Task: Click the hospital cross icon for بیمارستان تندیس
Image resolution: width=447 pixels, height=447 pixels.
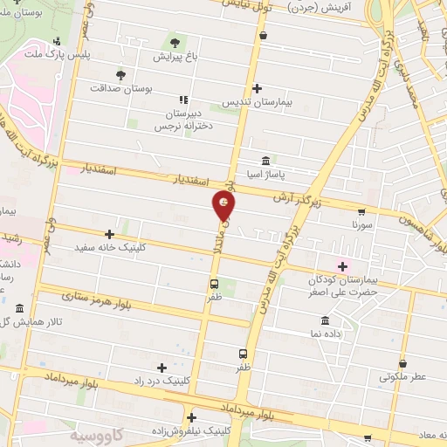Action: [257, 88]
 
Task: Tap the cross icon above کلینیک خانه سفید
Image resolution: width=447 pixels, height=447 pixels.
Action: [109, 234]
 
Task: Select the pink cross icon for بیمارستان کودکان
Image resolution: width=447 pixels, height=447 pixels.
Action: [342, 265]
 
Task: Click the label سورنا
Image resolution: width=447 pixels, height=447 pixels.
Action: [361, 225]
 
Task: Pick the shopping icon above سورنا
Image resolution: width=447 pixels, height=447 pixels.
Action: [361, 211]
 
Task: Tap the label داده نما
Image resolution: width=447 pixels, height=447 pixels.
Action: [325, 334]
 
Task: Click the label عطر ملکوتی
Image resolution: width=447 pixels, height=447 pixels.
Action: [402, 378]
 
